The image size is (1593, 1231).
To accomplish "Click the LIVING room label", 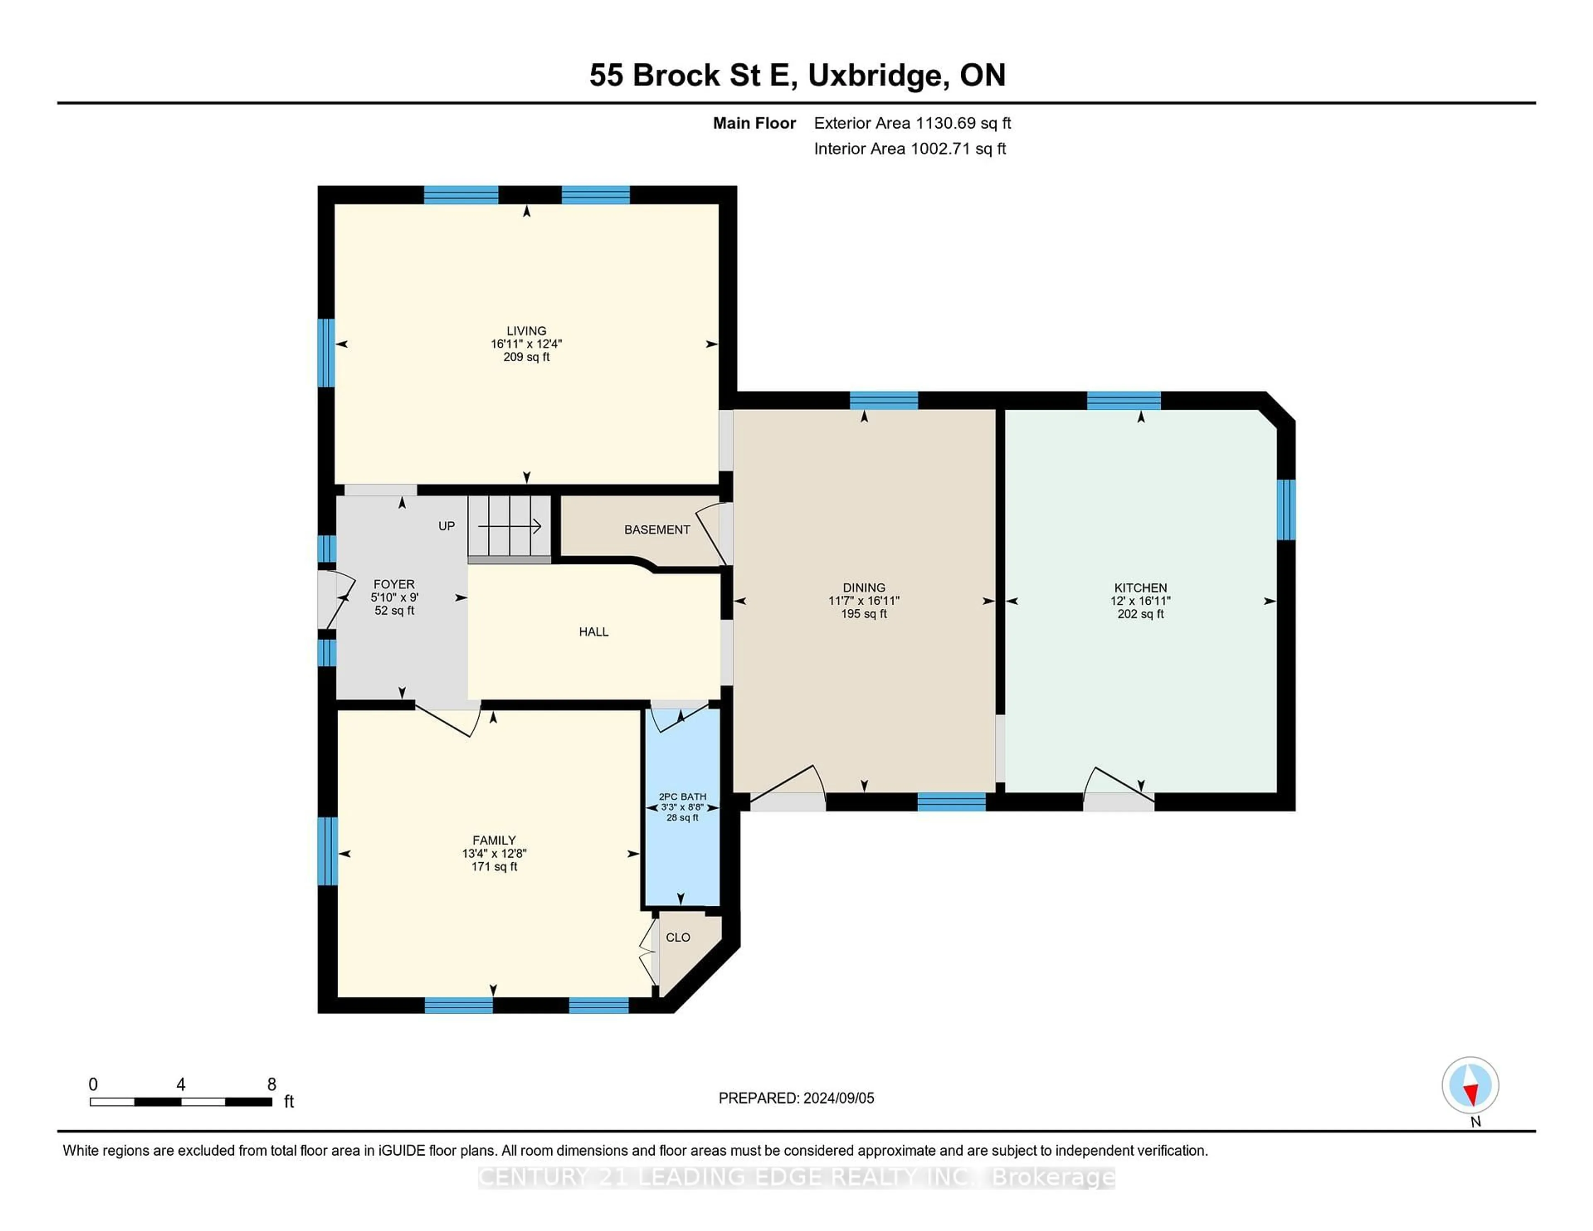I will point(526,331).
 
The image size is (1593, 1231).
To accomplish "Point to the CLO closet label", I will point(677,937).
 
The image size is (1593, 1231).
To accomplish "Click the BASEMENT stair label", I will point(656,530).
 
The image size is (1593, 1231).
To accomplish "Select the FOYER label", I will point(394,584).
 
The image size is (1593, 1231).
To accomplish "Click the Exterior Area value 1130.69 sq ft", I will point(963,123).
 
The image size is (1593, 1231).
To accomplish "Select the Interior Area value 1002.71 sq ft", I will point(958,149).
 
